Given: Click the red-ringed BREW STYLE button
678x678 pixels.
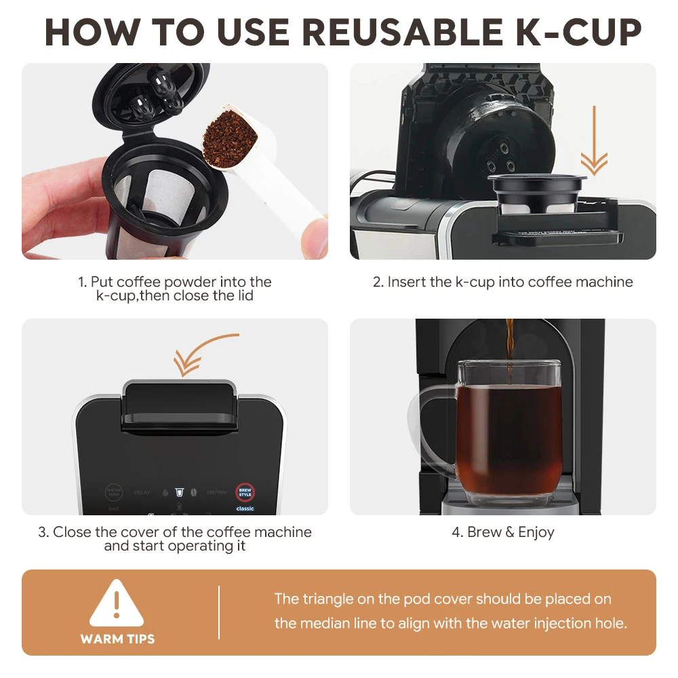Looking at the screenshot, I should coord(245,492).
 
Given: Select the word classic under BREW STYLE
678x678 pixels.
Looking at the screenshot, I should coord(245,509).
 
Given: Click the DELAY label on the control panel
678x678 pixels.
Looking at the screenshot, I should coord(142,492).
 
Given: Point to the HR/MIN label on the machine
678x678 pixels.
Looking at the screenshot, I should coord(216,492).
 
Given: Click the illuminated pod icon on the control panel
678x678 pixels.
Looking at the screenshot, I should coord(179,491).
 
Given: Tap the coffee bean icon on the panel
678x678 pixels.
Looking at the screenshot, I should coord(194,492).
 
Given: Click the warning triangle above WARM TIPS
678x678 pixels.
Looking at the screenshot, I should coord(117,603).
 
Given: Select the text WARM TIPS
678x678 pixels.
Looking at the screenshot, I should coord(117,639).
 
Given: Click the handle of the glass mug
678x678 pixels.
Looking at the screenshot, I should coord(427,427).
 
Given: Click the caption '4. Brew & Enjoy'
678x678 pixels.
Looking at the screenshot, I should coord(503,532).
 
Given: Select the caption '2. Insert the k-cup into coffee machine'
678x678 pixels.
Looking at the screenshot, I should coord(503,282).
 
